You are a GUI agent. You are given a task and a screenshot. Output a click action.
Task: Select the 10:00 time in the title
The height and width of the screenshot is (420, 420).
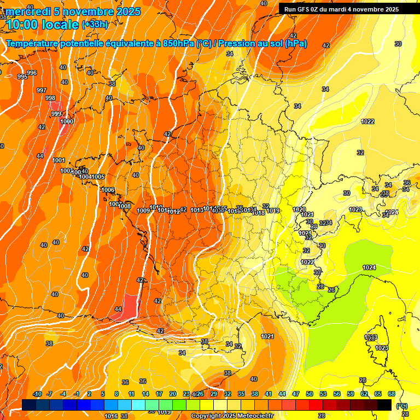[x=23, y=24]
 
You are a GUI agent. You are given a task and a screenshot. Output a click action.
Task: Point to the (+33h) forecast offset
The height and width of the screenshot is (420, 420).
[x=95, y=25]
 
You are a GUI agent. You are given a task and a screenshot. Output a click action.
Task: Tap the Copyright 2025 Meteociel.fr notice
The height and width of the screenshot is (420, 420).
[x=232, y=416]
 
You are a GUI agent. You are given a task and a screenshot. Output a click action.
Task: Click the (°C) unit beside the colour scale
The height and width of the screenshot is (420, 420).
[x=402, y=405]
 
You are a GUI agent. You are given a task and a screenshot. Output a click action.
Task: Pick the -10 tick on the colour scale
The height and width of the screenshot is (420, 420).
[x=37, y=394]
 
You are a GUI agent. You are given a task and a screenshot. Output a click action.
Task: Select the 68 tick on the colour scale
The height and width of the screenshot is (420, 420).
[x=392, y=394]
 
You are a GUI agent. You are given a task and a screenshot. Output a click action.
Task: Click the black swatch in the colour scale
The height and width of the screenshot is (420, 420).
[x=384, y=405]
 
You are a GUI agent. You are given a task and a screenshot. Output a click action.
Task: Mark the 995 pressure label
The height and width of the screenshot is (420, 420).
[x=22, y=77]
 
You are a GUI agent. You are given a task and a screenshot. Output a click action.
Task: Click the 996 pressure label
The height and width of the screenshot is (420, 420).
[x=32, y=73]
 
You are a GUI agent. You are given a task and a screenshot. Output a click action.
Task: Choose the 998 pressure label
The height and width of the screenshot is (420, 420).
[x=50, y=98]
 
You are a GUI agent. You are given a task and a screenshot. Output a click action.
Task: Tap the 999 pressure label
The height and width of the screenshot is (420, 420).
[x=56, y=114]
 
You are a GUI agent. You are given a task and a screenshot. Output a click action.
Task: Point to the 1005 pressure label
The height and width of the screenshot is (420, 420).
[x=98, y=177]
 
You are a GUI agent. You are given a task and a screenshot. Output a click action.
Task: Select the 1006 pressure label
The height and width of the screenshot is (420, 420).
[x=108, y=190]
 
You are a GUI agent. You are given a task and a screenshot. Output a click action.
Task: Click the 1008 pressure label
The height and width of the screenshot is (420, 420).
[x=125, y=206]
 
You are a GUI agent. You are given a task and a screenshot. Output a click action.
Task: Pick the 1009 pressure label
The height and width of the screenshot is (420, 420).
[x=143, y=211]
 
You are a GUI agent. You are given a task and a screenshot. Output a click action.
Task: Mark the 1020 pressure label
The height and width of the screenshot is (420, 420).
[x=299, y=209]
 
